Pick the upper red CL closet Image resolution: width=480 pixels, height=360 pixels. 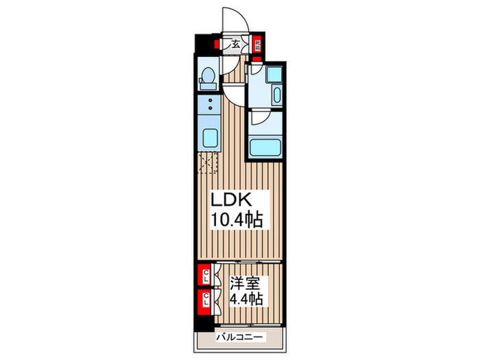[x=204, y=277]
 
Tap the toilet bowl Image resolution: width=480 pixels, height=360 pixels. [x=206, y=80]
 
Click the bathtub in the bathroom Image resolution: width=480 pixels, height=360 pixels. [x=265, y=147]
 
